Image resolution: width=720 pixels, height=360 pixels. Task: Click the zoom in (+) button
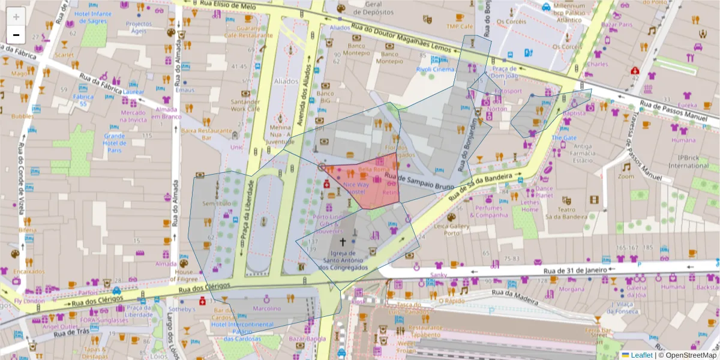[16, 17]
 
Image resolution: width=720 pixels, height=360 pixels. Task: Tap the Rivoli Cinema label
[435, 69]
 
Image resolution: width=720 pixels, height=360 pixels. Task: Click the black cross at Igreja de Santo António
[343, 242]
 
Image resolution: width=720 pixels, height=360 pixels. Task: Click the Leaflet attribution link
[640, 355]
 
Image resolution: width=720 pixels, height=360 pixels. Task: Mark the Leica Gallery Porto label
[468, 229]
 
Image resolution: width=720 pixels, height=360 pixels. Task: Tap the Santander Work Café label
[245, 106]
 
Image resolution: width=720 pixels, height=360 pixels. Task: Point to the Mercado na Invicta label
[133, 116]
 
